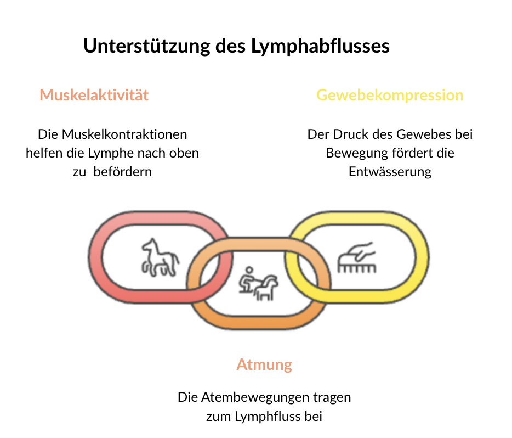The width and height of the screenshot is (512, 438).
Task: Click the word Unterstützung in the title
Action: click(x=147, y=46)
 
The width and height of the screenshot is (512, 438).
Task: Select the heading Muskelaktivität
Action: click(x=94, y=95)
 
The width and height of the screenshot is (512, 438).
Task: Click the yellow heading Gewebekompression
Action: click(x=390, y=96)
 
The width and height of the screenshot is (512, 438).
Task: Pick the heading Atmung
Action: click(x=264, y=365)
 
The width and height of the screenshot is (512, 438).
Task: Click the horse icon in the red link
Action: click(x=160, y=257)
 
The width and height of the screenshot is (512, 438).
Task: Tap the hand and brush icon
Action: click(x=357, y=257)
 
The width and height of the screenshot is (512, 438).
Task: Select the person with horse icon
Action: click(x=259, y=283)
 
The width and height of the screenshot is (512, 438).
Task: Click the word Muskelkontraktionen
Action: click(x=124, y=134)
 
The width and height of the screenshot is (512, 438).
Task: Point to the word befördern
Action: click(x=123, y=172)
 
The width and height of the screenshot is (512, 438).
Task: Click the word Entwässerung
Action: click(x=390, y=172)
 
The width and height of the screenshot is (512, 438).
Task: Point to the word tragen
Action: click(x=332, y=398)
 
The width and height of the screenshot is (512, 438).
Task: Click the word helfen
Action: click(x=44, y=153)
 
